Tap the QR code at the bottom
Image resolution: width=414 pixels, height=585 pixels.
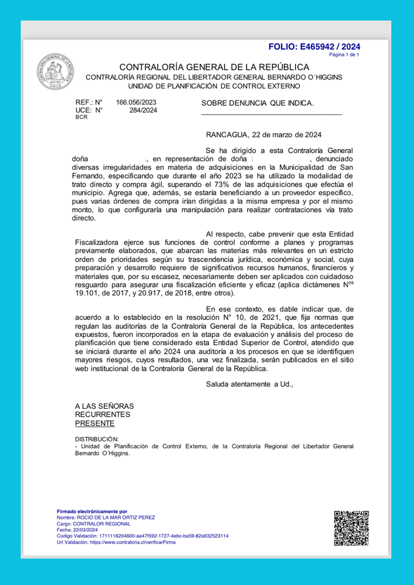(350, 528)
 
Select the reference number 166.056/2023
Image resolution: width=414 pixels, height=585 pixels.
(137, 102)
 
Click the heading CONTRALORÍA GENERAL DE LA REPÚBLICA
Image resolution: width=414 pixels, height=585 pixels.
(214, 67)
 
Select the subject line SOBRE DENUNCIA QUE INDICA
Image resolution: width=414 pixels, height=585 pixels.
(258, 103)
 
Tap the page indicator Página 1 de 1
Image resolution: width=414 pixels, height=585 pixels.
(345, 54)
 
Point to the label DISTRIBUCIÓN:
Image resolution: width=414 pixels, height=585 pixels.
(97, 438)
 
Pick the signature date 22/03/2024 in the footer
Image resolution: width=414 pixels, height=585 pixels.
(85, 530)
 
